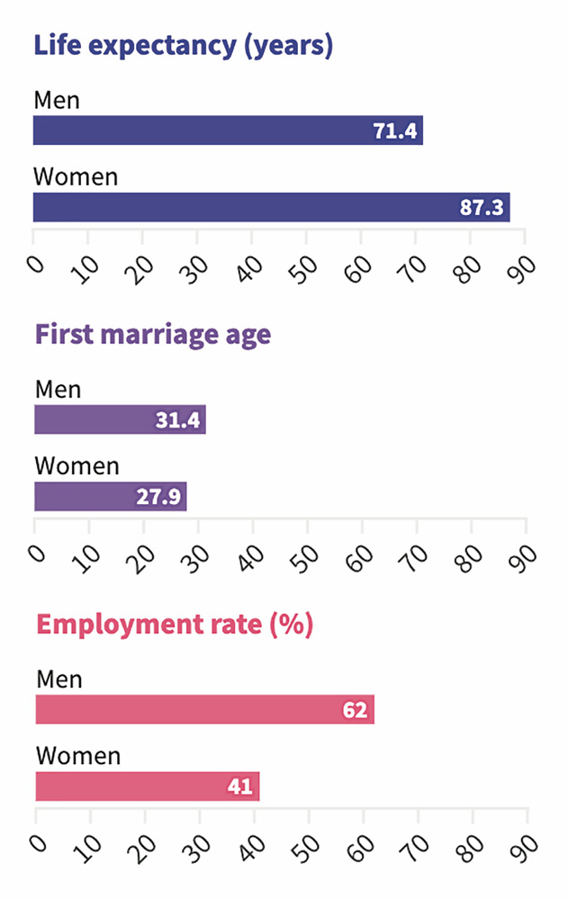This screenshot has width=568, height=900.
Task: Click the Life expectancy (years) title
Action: (183, 45)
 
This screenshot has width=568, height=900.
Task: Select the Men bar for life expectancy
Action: (228, 130)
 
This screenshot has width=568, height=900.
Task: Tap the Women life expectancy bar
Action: (271, 207)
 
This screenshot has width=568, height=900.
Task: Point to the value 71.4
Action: (395, 131)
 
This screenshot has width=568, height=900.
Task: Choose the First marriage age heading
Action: (152, 335)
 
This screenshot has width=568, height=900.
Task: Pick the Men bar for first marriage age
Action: (120, 419)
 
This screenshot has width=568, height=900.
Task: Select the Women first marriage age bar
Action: (110, 496)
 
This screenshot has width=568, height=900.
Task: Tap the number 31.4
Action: (177, 420)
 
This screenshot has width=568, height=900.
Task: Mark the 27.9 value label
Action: (158, 497)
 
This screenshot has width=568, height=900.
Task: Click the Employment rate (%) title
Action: (174, 625)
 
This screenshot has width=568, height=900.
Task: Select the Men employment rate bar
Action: (204, 709)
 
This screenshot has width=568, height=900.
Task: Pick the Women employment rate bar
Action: (147, 786)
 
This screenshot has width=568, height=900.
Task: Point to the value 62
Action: (356, 710)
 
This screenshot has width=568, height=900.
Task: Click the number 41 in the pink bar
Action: (241, 787)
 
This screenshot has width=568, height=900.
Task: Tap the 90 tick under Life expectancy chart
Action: (523, 267)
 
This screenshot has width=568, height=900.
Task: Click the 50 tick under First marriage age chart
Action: (306, 556)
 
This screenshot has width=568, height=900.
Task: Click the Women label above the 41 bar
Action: (77, 755)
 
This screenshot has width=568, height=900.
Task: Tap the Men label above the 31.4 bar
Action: (58, 390)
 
